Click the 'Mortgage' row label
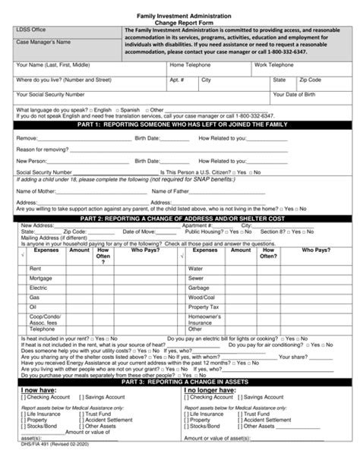(x=41, y=278)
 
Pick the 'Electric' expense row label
(x=38, y=288)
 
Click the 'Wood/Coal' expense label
(x=201, y=297)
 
